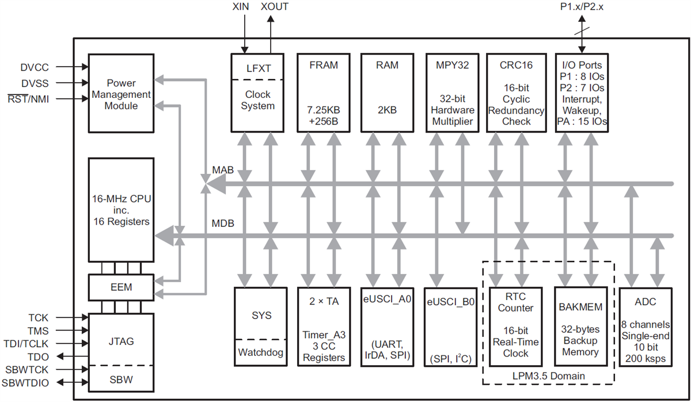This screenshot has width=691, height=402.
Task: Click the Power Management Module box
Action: click(x=120, y=94)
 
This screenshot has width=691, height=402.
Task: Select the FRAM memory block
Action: click(x=323, y=93)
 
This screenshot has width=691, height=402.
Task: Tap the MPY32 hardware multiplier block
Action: click(x=453, y=93)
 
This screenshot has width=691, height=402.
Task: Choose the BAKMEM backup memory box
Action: click(x=580, y=327)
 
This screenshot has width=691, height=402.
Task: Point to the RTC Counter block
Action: click(x=515, y=327)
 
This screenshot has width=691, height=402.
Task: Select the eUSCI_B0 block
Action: click(x=450, y=327)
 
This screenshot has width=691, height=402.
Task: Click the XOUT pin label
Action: click(x=275, y=7)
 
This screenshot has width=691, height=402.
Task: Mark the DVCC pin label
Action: click(x=36, y=67)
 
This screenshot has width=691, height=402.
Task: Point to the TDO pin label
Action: click(x=39, y=356)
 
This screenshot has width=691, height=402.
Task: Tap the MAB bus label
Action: click(x=222, y=170)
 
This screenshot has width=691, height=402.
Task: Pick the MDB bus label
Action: click(x=223, y=223)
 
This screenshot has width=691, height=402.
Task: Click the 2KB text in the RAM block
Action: click(x=387, y=110)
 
